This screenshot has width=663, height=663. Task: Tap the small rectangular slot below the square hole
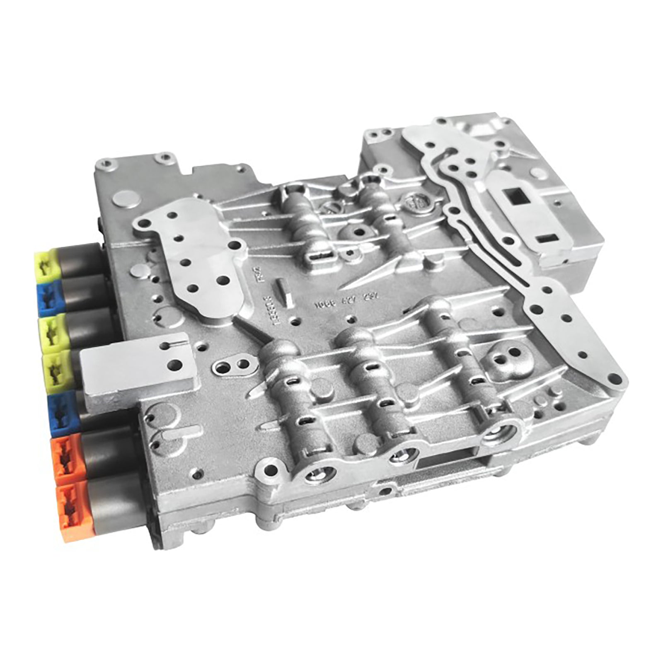pos(548,239)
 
